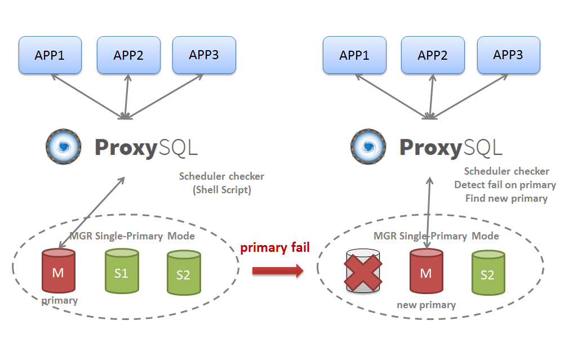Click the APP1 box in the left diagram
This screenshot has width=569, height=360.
point(50,55)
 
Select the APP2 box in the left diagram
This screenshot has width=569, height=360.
point(128,55)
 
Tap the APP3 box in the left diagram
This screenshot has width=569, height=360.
point(204,55)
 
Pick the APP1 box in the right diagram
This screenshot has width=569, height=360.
point(354,55)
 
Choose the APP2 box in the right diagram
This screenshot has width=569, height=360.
point(433,55)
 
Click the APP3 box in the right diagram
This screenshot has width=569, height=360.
point(508,55)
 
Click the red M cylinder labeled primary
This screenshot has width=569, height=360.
point(58,272)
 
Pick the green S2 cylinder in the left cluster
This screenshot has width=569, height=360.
point(184,273)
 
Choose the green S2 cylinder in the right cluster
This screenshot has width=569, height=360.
point(487,273)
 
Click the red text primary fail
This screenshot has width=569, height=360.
point(275,248)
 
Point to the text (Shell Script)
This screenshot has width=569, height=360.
point(221,190)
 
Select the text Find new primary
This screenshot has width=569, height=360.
point(506,198)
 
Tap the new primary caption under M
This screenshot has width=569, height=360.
point(426,305)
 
